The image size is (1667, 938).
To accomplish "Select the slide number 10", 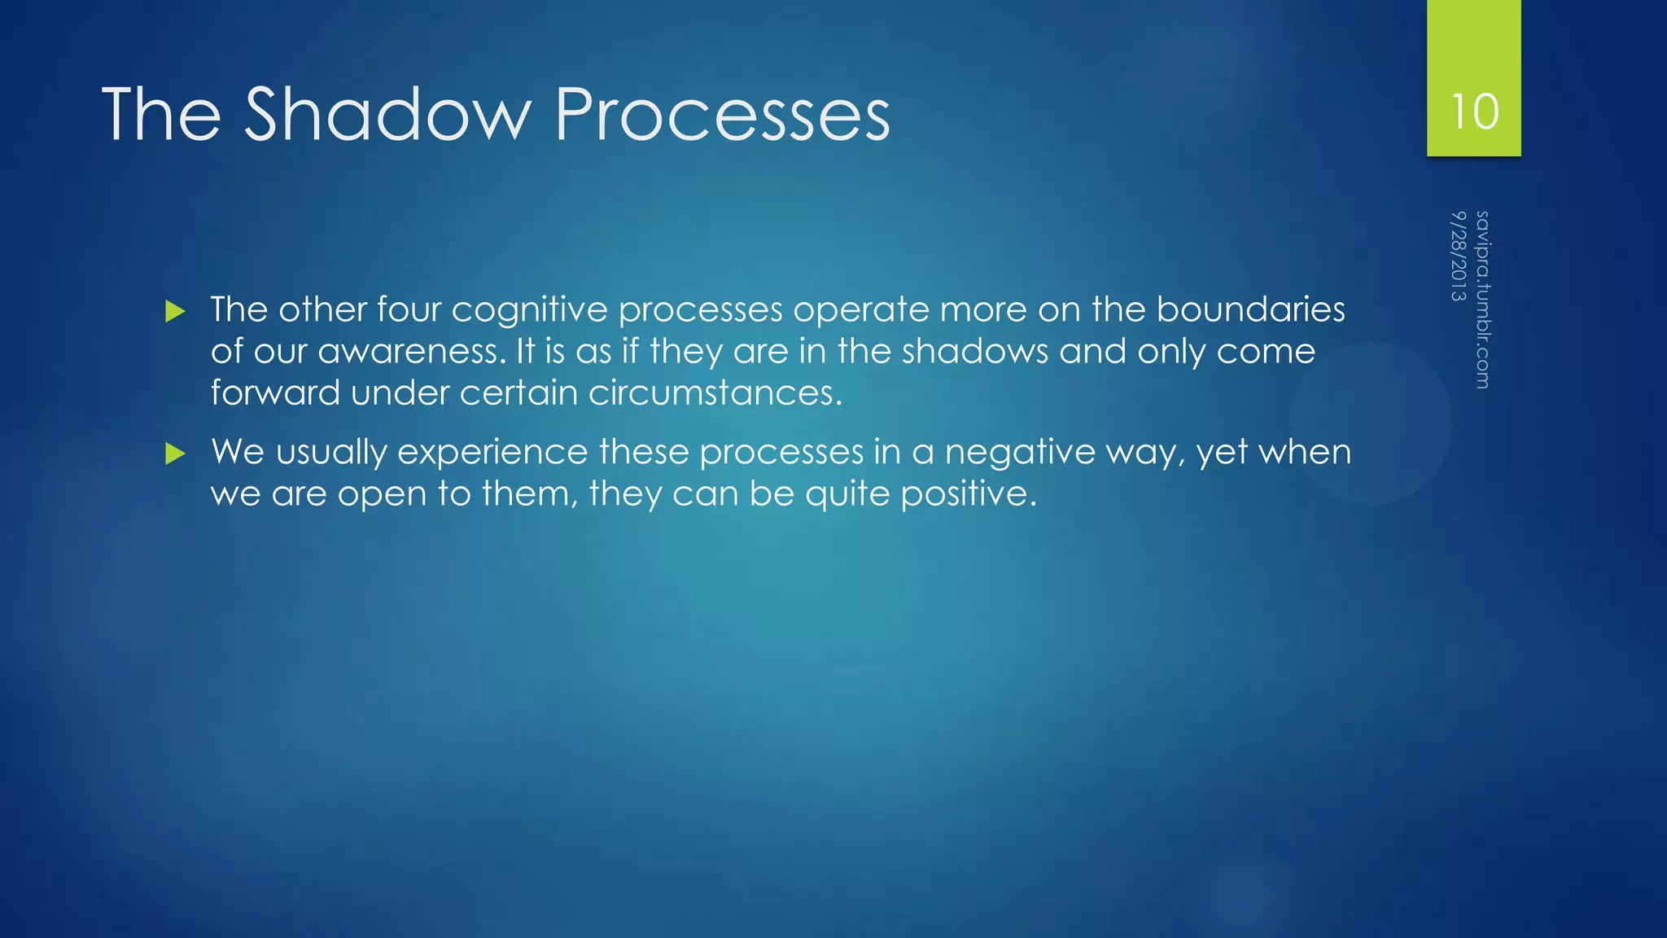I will (1474, 112).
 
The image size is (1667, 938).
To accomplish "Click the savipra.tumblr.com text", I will (1482, 300).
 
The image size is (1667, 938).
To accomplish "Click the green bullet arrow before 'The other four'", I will (175, 311).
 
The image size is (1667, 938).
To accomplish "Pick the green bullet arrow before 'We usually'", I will (175, 454).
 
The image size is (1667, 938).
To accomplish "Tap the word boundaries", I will (1250, 309).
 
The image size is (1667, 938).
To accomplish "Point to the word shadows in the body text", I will (974, 351).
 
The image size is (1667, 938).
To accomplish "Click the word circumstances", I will (715, 393).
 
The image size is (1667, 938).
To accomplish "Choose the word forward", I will (275, 393).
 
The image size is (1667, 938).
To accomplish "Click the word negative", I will (1020, 452).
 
